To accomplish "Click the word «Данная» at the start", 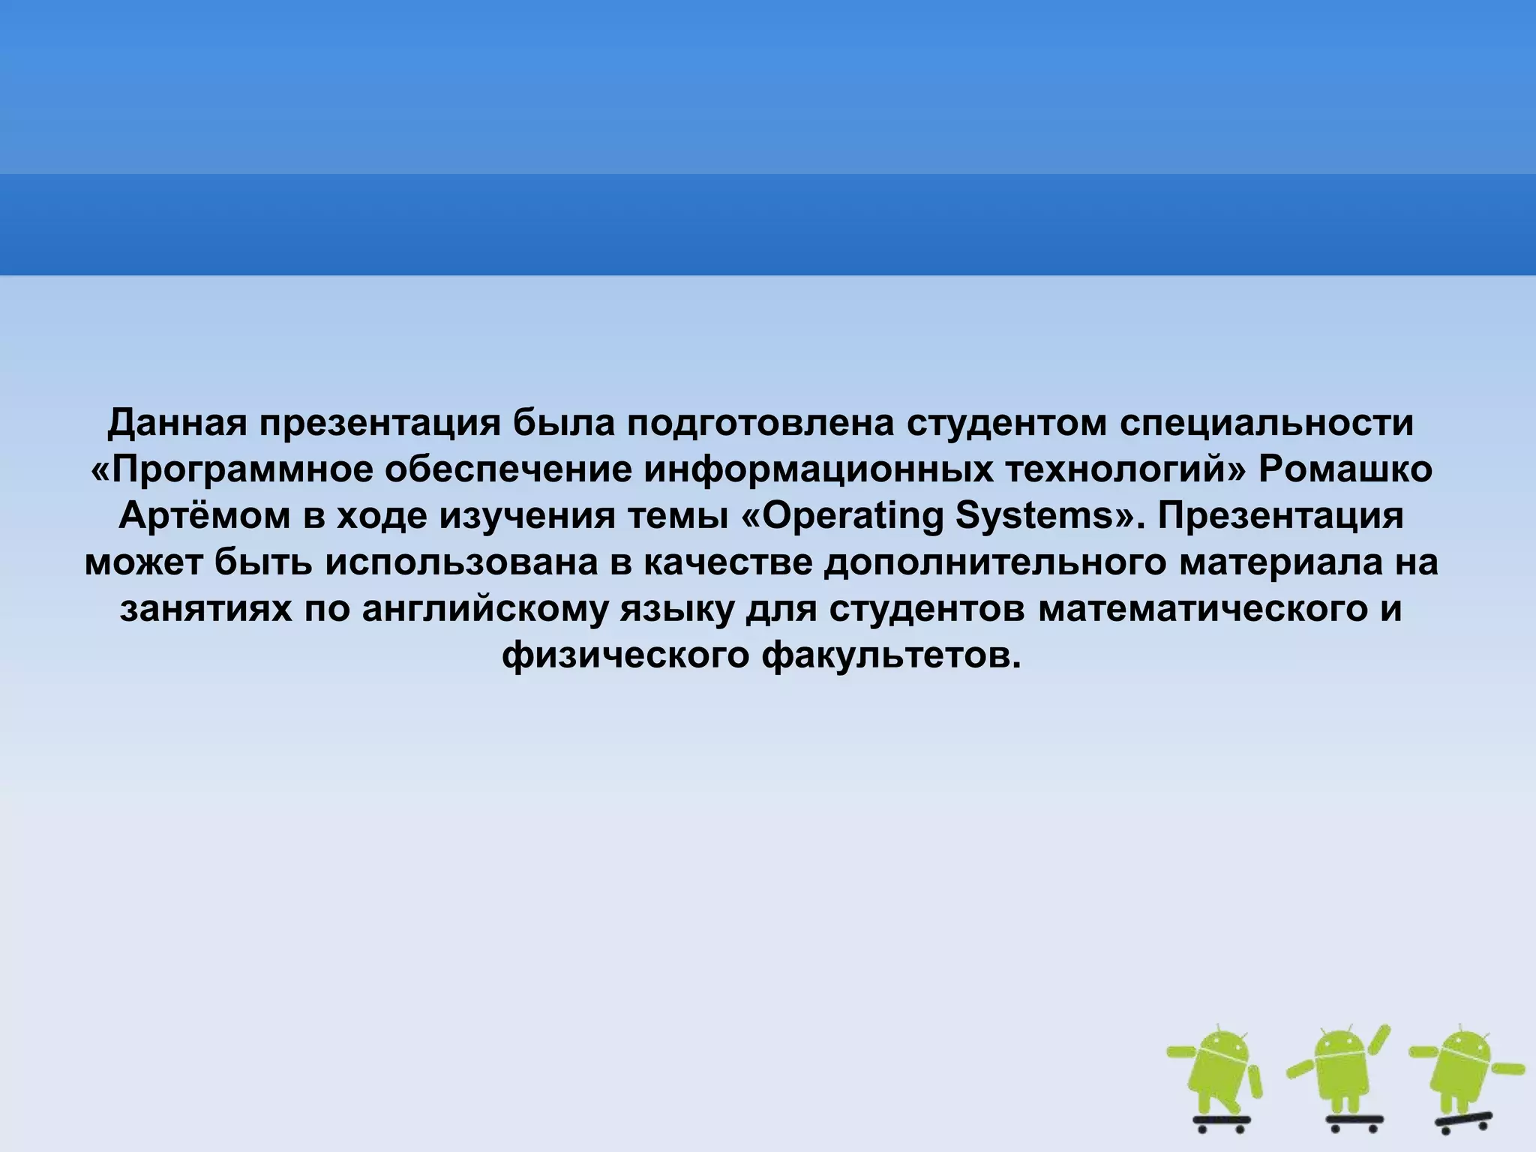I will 177,424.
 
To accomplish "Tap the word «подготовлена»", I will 760,424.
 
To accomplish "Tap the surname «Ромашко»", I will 1345,471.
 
